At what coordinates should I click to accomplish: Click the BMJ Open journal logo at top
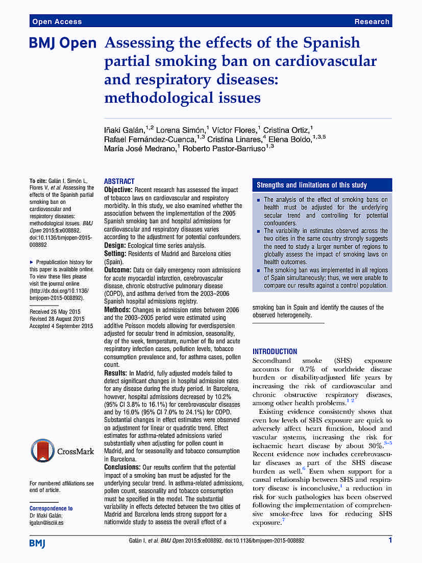[x=63, y=44]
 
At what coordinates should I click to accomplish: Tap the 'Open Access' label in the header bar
[x=57, y=21]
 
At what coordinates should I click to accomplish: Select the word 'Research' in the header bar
[x=372, y=21]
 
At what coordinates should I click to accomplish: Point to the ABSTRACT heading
[x=119, y=181]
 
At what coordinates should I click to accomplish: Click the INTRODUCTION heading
[x=275, y=351]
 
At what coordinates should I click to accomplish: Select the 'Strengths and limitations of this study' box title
[x=311, y=185]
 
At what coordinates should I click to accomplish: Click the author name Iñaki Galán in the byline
[x=122, y=131]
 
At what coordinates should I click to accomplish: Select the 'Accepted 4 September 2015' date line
[x=61, y=326]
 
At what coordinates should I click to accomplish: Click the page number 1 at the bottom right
[x=390, y=541]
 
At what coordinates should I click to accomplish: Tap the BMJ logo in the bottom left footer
[x=37, y=543]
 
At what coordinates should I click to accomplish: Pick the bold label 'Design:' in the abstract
[x=115, y=245]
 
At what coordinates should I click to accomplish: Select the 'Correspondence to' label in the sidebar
[x=51, y=508]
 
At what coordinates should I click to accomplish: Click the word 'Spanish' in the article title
[x=331, y=42]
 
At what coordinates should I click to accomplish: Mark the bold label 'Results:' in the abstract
[x=116, y=373]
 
